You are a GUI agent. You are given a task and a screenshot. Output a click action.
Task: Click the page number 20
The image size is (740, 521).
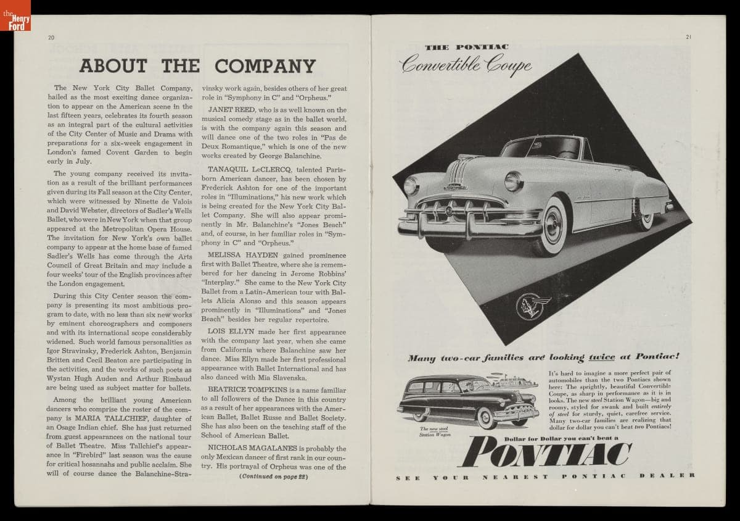[51, 38]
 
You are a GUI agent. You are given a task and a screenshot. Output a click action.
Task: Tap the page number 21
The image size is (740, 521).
[688, 37]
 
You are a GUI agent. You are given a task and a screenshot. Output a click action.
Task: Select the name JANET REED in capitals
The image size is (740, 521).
[226, 110]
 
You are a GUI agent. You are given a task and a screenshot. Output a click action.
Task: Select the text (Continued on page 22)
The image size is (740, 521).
[273, 477]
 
